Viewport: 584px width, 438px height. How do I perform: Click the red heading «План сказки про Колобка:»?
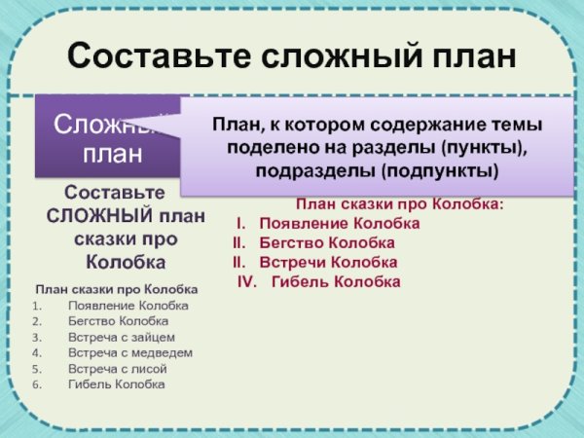pyautogui.click(x=399, y=204)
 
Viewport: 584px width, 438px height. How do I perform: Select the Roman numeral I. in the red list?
pyautogui.click(x=243, y=224)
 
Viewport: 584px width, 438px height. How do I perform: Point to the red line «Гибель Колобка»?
pyautogui.click(x=336, y=282)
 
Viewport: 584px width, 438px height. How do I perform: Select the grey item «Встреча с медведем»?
pyautogui.click(x=130, y=352)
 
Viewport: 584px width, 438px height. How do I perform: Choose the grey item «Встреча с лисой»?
pyautogui.click(x=118, y=369)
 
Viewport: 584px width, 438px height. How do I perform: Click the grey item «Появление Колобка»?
pyautogui.click(x=128, y=306)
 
